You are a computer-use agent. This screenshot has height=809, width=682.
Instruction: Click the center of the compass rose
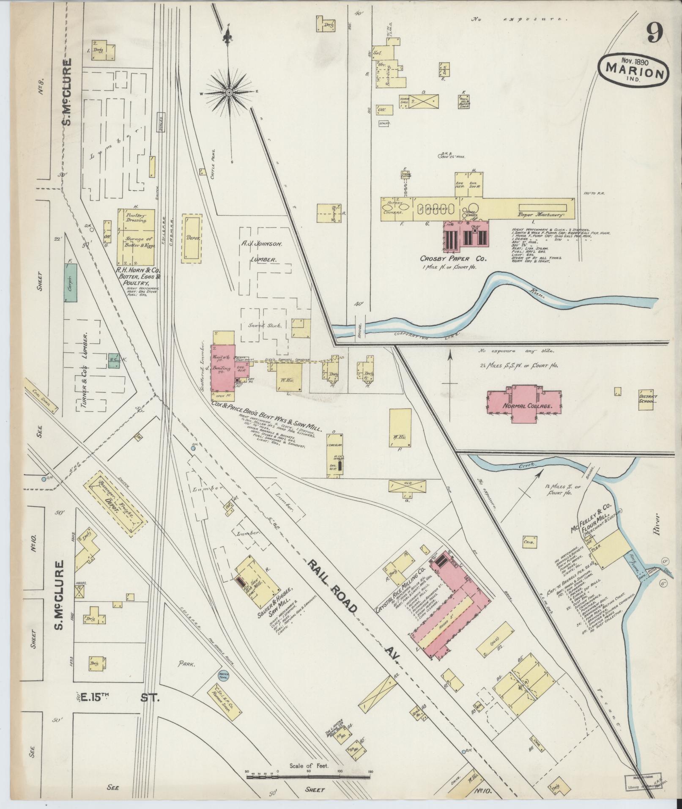pos(229,92)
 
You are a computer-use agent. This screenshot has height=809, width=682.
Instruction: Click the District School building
pos(647,399)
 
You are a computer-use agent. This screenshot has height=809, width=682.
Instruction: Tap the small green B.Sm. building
pos(113,360)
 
